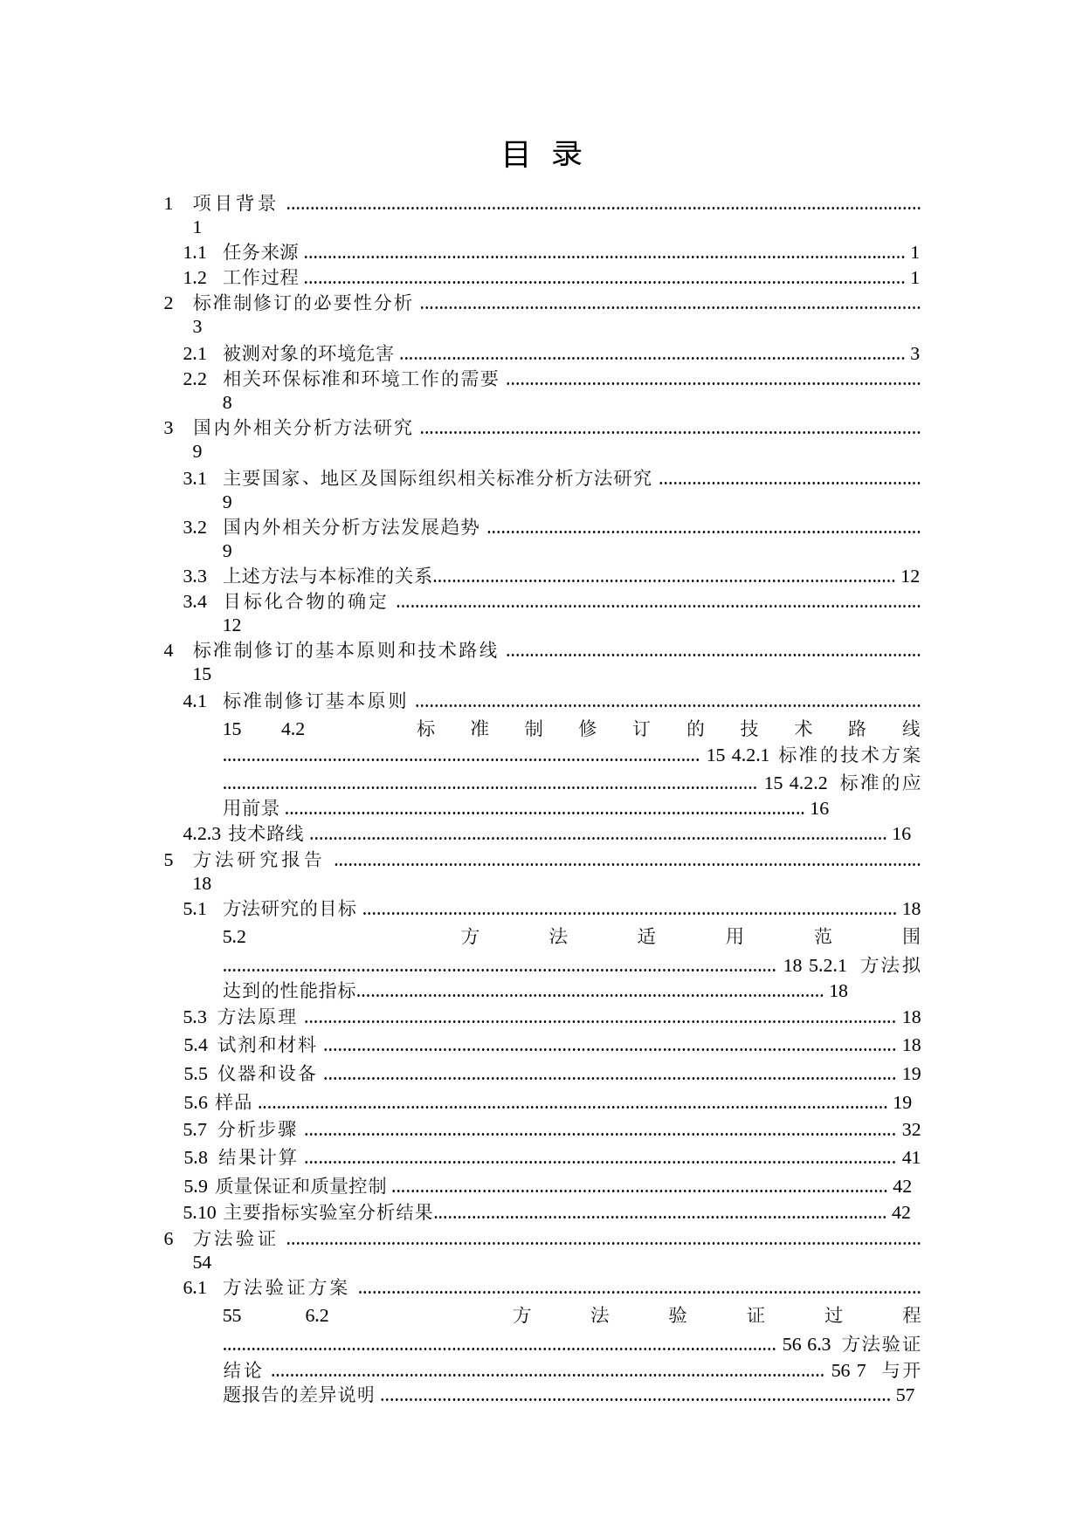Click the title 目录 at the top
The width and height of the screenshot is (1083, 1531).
[541, 154]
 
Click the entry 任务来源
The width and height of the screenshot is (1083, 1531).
[260, 253]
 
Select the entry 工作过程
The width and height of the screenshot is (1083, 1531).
[260, 278]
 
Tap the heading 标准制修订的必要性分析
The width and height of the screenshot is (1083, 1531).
[302, 303]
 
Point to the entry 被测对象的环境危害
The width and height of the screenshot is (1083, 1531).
[308, 354]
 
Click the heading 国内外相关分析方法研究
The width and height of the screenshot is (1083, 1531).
[302, 428]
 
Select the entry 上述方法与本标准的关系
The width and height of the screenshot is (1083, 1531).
[328, 576]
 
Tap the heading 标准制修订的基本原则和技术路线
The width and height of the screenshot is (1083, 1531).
[345, 650]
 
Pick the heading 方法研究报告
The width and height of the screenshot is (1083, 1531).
[258, 860]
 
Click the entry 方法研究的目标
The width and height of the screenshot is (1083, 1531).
[290, 909]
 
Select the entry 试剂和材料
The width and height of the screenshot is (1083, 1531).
[267, 1045]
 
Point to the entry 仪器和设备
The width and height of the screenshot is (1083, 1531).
[267, 1074]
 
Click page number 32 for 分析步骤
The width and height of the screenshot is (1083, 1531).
[911, 1129]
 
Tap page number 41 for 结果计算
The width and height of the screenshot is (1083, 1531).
[911, 1157]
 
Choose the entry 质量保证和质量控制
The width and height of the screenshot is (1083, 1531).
[300, 1186]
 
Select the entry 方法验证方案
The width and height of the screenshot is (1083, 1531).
[286, 1287]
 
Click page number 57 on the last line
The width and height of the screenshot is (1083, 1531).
[905, 1395]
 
